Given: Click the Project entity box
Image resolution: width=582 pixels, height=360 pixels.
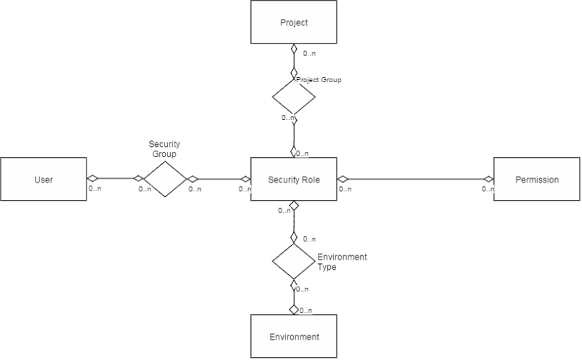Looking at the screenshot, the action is [294, 22].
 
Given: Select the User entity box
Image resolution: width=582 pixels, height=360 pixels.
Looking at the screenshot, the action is [44, 179].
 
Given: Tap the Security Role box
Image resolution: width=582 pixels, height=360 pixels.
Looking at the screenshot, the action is [294, 179].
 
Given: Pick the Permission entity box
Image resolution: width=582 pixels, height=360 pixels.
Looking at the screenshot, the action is [537, 179].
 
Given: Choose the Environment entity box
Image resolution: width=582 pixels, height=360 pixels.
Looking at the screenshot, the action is [294, 336].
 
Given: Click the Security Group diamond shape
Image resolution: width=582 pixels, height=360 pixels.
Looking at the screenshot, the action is [165, 179].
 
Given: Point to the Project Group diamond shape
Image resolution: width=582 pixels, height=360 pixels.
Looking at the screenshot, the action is [294, 97].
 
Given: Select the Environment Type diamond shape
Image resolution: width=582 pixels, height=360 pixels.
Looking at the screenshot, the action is [294, 261].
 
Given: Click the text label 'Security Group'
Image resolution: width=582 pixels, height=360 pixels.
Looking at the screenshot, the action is [164, 149].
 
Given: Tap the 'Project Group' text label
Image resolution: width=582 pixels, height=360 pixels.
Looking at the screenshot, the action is [319, 80].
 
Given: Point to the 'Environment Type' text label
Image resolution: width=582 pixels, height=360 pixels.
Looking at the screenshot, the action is [342, 262].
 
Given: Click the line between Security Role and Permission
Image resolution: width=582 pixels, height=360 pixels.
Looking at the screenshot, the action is [415, 179].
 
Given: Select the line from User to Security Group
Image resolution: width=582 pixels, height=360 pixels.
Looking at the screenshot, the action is [115, 178].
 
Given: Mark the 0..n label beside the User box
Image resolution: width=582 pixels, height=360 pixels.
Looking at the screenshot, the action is [95, 188].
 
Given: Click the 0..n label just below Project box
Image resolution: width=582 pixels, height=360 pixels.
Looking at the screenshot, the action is [309, 53].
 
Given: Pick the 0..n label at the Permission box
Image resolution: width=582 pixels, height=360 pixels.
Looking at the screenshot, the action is [487, 189].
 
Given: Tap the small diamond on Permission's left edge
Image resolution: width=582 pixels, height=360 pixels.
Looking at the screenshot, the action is [488, 179].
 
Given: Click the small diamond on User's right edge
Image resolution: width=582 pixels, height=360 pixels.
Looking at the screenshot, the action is [92, 178].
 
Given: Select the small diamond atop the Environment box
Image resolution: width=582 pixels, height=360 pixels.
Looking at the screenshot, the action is [294, 309].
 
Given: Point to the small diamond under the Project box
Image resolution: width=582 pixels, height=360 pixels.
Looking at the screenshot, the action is [294, 49].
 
